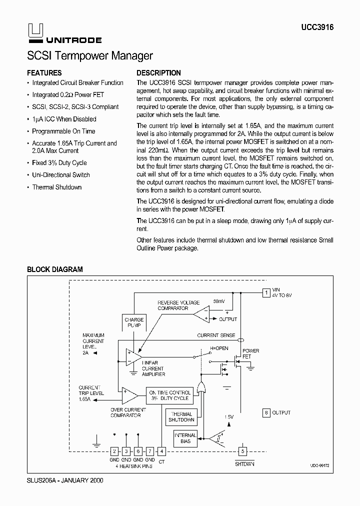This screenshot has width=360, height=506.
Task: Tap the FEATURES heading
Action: [44, 73]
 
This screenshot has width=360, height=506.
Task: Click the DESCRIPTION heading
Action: [158, 73]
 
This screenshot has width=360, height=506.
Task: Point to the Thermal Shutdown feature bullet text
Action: [56, 187]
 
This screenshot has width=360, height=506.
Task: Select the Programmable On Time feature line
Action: [63, 131]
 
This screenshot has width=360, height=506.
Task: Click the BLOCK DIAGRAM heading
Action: [54, 269]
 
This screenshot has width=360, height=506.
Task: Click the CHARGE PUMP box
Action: [134, 322]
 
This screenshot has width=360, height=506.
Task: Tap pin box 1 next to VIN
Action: [266, 292]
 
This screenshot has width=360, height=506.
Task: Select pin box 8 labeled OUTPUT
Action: [266, 412]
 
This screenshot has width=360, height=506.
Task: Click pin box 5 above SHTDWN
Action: [242, 451]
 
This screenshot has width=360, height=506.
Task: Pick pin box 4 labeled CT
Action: [161, 451]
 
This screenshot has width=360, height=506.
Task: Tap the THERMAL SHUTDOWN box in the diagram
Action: [181, 416]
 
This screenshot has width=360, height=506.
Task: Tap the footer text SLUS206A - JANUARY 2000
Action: [65, 479]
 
